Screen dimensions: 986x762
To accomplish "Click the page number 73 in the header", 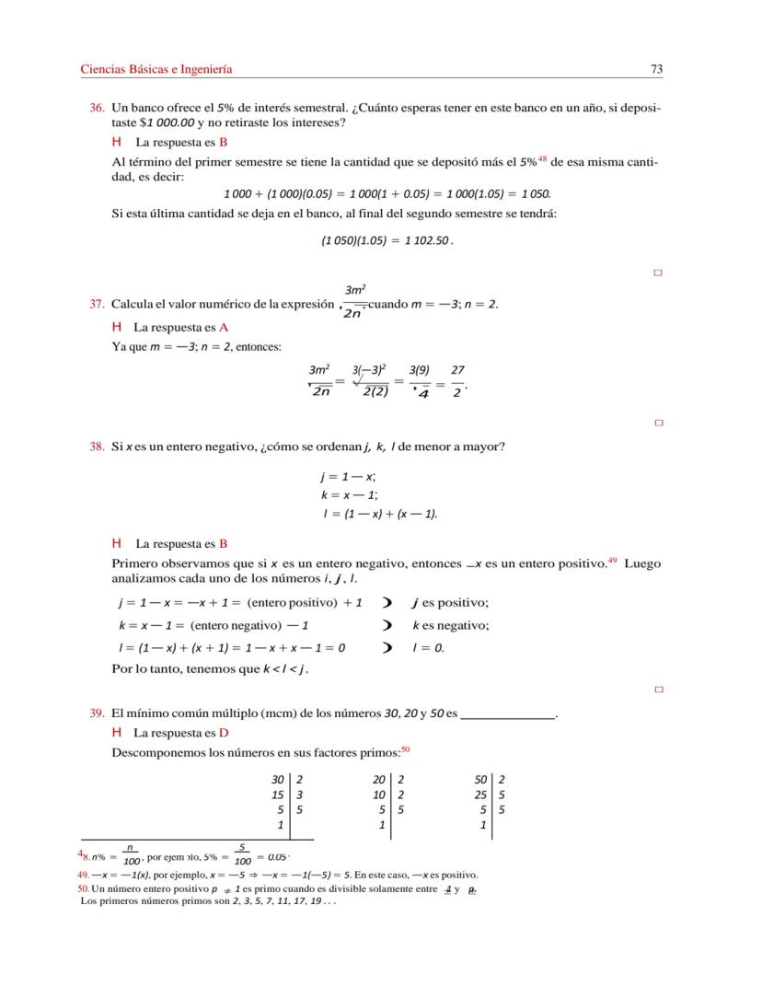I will point(656,69).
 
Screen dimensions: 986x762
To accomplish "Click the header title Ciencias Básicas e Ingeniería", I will point(156,69).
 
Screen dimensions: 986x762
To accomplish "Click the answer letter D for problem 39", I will point(224,733).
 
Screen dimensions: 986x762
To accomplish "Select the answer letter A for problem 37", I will point(224,327).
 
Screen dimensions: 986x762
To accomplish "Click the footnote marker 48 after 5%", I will point(543,158).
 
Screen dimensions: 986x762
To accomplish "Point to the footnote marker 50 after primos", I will point(405,749).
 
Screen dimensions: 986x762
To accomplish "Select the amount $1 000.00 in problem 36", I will point(166,122).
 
